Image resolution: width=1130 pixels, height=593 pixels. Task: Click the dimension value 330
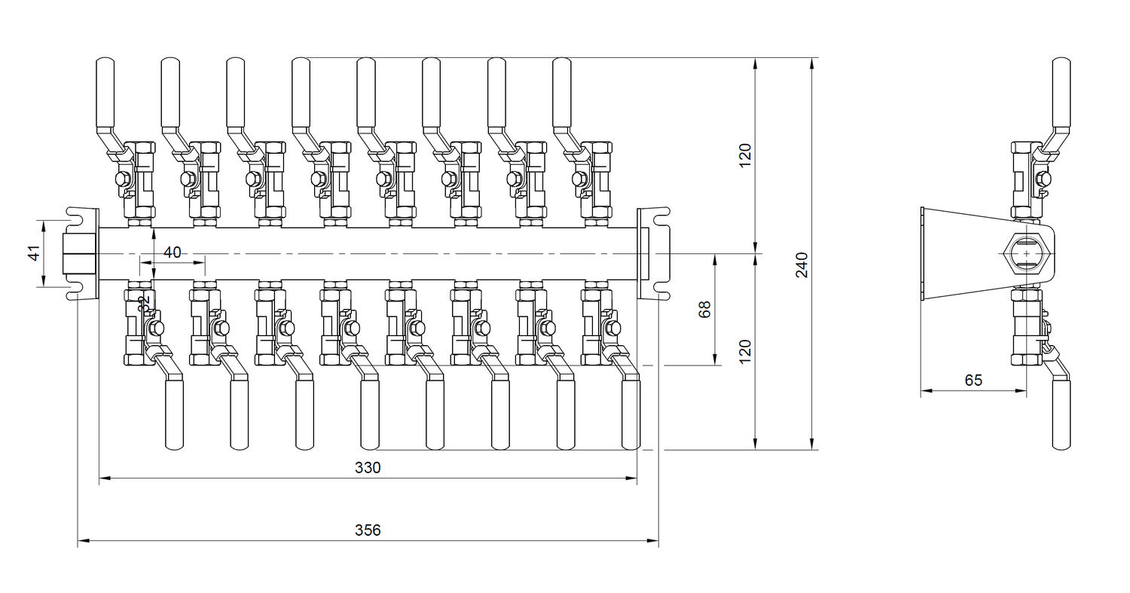[368, 468]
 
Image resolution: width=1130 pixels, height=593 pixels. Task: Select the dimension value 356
[368, 530]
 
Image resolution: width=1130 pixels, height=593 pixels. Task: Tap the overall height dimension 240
[802, 264]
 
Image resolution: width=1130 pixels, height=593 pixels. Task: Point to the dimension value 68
[705, 309]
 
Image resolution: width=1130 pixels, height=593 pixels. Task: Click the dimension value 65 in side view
[973, 381]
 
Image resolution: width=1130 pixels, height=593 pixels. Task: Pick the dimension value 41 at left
[34, 253]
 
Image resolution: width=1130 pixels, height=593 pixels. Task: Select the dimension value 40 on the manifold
[173, 252]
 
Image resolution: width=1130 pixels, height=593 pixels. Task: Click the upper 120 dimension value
[745, 155]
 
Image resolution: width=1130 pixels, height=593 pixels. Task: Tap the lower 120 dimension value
[745, 352]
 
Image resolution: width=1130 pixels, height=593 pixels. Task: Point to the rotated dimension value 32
[145, 304]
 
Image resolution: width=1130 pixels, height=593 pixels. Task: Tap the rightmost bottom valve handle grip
[631, 414]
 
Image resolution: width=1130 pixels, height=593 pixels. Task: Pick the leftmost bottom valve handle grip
[174, 414]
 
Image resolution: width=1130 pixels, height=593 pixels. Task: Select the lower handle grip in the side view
[1061, 414]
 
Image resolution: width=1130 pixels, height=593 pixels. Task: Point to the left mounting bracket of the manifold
[83, 254]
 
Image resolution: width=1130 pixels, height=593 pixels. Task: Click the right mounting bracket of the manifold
[653, 254]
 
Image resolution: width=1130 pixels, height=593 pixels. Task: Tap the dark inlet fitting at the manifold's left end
[78, 254]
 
